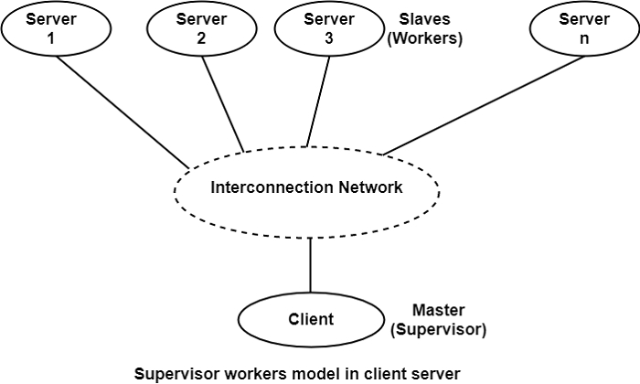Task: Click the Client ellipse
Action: click(x=311, y=319)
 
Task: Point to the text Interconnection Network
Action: click(x=307, y=187)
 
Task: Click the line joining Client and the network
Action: click(x=311, y=267)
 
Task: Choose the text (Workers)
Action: click(x=426, y=40)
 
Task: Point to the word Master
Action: click(x=438, y=311)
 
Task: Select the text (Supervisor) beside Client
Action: click(x=438, y=329)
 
